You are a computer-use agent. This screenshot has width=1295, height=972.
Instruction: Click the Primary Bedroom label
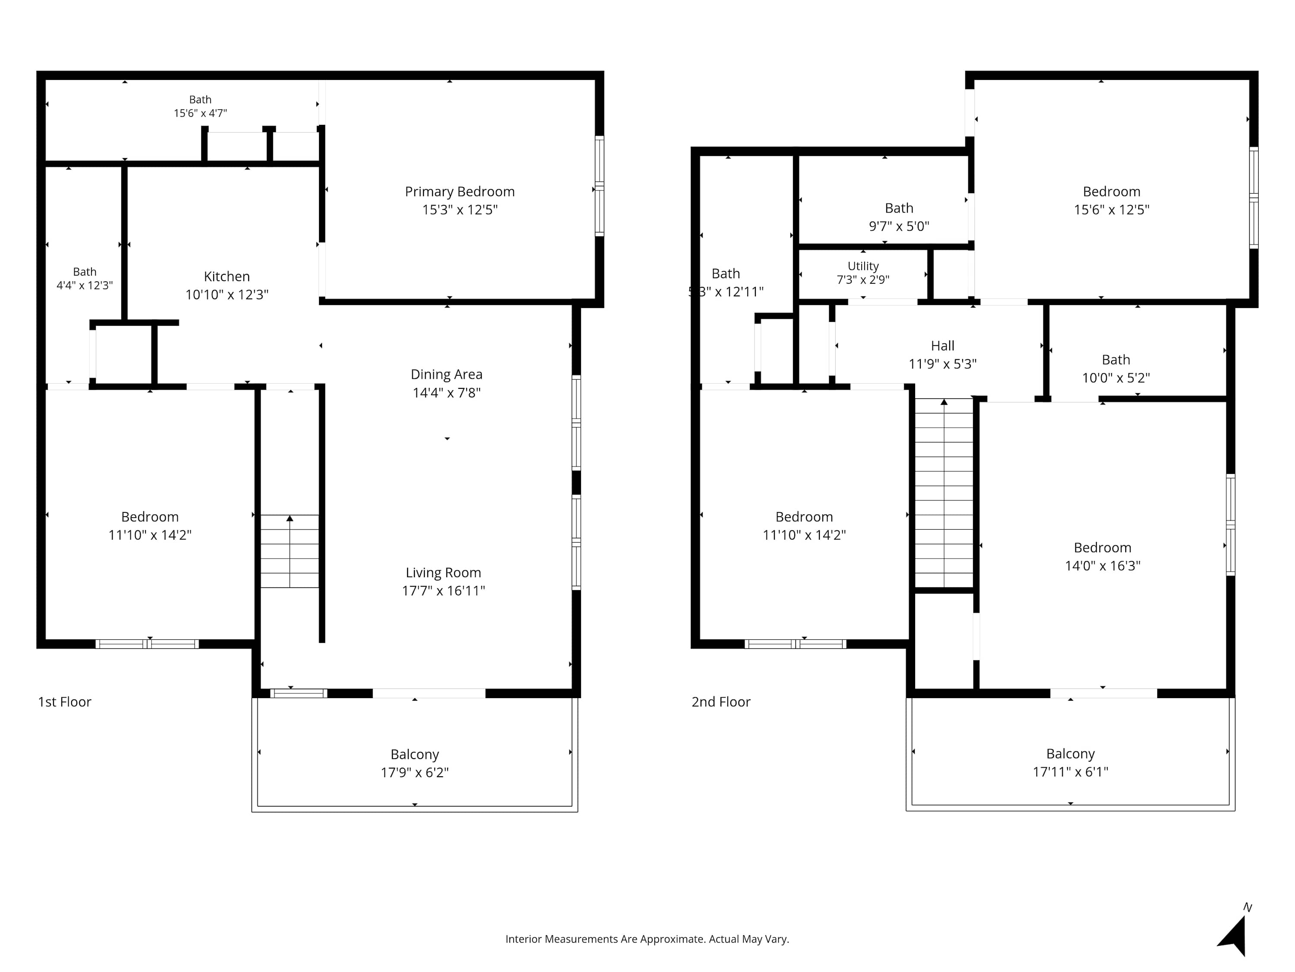tap(460, 191)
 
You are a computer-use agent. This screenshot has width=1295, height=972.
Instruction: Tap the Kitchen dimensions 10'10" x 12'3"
tap(227, 294)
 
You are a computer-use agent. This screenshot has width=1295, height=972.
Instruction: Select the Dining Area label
tap(447, 375)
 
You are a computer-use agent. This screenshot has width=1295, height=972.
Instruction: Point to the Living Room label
tap(443, 573)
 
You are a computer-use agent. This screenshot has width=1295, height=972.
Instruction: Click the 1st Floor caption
tap(64, 702)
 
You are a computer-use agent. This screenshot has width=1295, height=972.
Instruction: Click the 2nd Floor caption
tap(721, 702)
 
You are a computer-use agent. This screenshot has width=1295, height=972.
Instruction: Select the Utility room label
tap(863, 266)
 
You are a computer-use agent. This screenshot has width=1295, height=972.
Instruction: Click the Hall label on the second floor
tap(943, 346)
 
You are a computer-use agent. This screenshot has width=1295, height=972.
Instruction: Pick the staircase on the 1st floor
tap(290, 551)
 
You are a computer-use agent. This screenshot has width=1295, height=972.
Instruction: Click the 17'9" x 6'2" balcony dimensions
tap(414, 772)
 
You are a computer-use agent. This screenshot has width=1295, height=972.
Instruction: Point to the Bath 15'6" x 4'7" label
tap(200, 106)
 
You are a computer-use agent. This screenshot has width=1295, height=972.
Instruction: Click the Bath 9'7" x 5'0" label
tap(899, 217)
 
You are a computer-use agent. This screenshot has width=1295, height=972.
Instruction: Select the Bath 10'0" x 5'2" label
tap(1116, 368)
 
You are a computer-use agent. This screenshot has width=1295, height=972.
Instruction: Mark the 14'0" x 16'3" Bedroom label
tap(1102, 556)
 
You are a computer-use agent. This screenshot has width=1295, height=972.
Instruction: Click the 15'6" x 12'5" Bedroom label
tap(1111, 200)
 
